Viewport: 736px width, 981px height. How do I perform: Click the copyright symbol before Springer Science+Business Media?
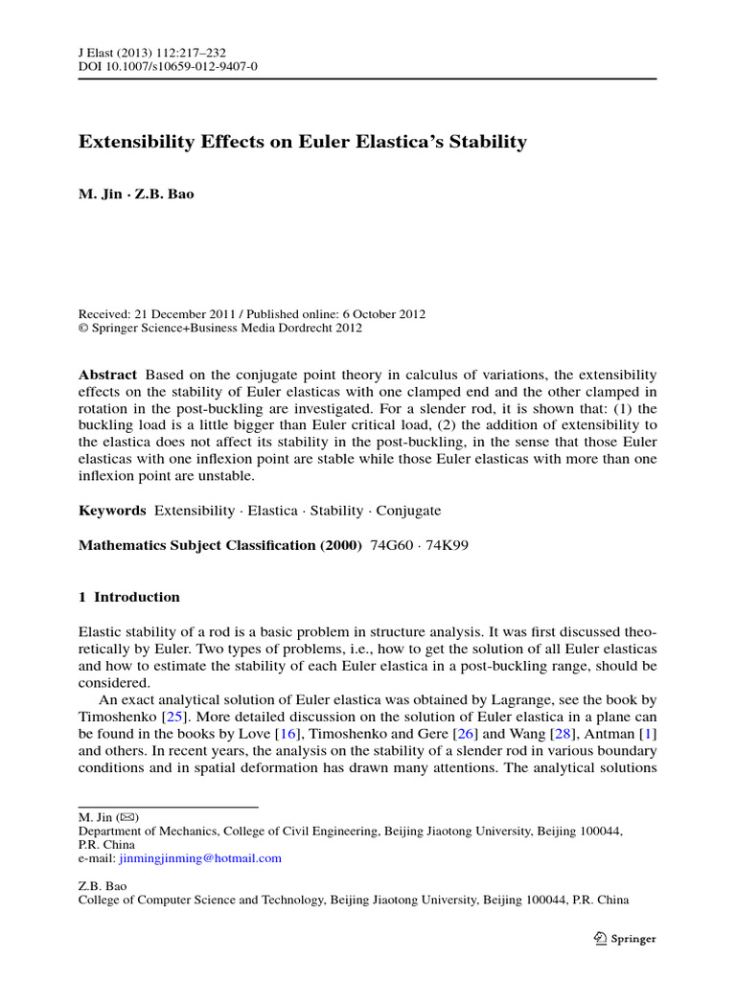tap(83, 328)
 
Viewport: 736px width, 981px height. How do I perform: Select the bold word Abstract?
tap(107, 374)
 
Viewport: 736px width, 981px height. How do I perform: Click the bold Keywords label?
tap(112, 511)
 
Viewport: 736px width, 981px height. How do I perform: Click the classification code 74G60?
tap(391, 545)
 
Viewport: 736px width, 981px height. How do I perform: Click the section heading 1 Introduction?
tap(128, 597)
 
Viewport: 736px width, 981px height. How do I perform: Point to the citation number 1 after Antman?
tap(652, 733)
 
